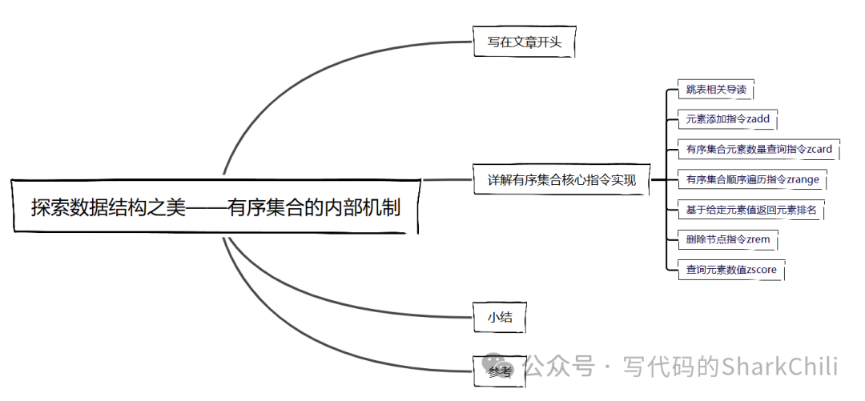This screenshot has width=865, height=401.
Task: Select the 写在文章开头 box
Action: point(524,42)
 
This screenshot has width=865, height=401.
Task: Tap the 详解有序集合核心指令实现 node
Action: point(561,180)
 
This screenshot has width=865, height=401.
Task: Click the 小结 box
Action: point(499,317)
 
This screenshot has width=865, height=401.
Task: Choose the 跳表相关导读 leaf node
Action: point(715,90)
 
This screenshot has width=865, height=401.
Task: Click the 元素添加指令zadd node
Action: point(727,119)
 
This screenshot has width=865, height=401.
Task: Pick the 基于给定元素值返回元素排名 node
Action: point(750,211)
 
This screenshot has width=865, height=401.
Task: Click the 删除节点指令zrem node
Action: point(727,239)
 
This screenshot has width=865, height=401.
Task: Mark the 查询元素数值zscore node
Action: point(730,270)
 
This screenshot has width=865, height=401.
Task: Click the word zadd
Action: point(758,119)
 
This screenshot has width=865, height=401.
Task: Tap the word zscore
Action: point(761,270)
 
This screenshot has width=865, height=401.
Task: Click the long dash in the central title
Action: point(206,208)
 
